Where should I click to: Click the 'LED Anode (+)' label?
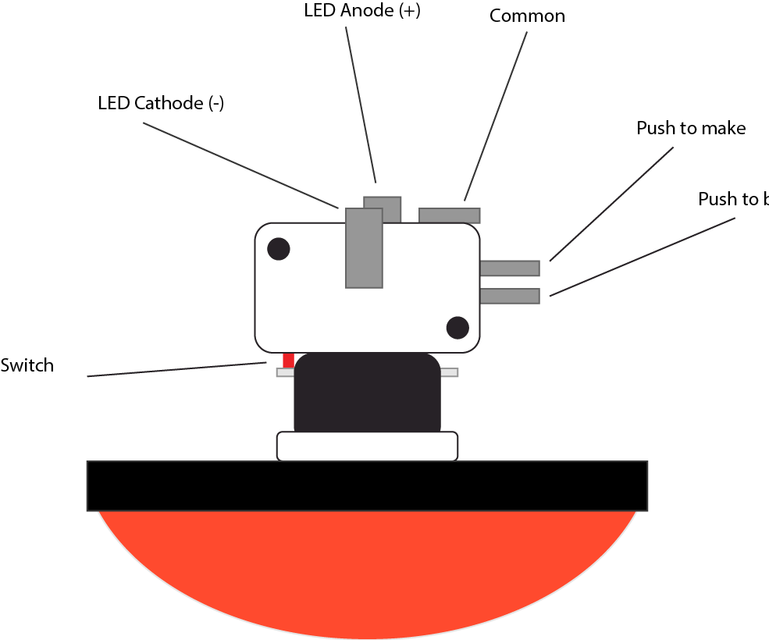[361, 12]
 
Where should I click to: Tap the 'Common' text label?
[527, 16]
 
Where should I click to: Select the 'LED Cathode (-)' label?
[161, 103]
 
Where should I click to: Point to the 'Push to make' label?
[691, 128]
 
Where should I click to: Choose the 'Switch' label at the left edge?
[27, 365]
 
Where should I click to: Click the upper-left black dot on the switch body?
[279, 249]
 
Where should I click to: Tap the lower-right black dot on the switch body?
[457, 328]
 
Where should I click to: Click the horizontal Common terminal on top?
[449, 215]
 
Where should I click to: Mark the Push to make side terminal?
[510, 268]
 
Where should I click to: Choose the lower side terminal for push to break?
[510, 296]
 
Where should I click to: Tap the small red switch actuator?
[288, 360]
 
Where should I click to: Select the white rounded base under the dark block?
[367, 446]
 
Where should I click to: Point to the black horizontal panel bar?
[367, 485]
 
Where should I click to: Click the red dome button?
[367, 570]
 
